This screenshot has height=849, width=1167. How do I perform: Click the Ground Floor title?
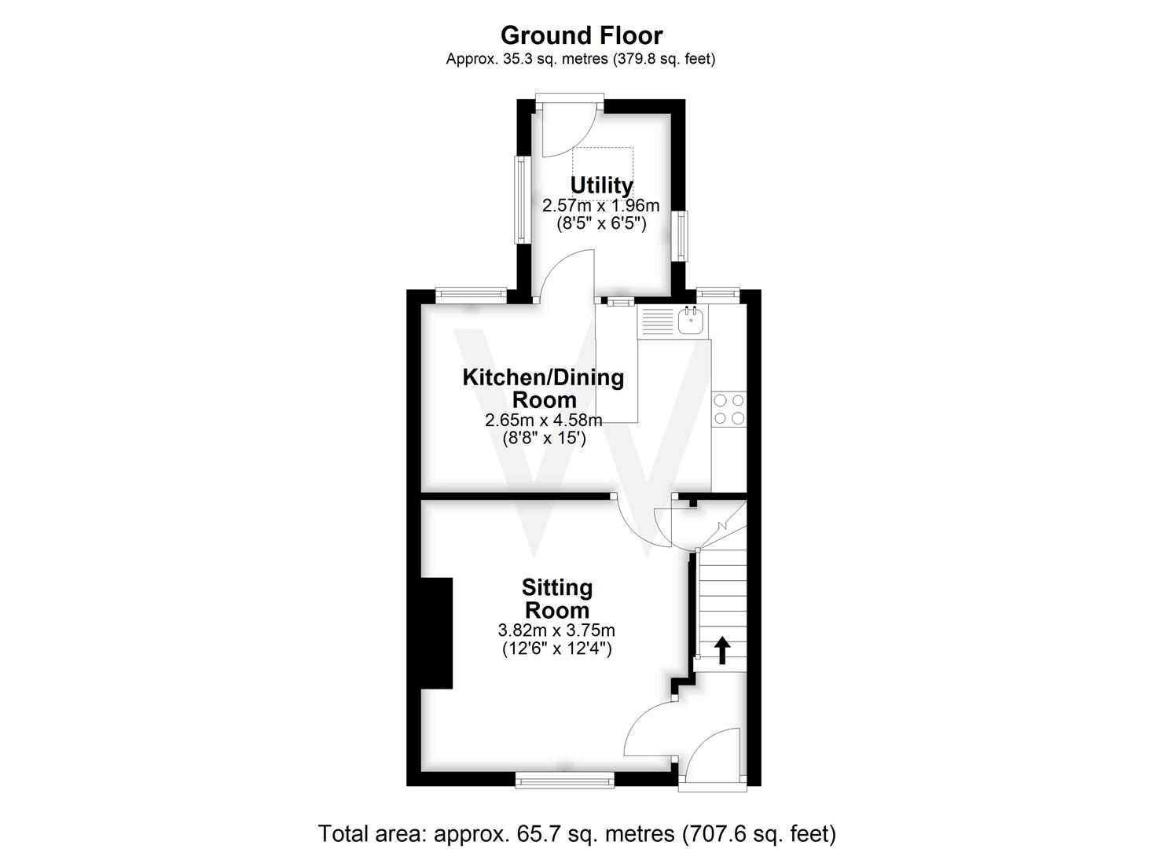point(581,35)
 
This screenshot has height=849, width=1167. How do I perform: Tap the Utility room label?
point(601,186)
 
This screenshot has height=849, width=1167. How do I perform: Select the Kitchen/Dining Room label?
point(543,388)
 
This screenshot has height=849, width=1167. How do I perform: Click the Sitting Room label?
point(557,598)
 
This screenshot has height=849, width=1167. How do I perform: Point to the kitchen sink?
point(691,320)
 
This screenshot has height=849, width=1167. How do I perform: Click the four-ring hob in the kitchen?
point(728,410)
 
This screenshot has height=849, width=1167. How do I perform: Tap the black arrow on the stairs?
point(721,650)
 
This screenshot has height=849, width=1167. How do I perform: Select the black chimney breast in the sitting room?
point(437,633)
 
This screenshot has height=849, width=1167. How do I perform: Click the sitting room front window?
point(564,779)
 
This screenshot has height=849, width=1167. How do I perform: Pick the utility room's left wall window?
point(520,200)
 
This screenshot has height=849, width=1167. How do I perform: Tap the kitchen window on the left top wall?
point(471,295)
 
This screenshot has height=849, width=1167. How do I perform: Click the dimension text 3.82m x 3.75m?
point(556,630)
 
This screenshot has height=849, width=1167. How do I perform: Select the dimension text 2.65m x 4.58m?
point(544,421)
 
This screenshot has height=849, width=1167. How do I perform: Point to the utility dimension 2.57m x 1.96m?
point(601,206)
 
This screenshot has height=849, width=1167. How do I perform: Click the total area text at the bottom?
point(577,833)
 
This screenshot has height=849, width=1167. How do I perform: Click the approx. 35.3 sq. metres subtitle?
point(581,59)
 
